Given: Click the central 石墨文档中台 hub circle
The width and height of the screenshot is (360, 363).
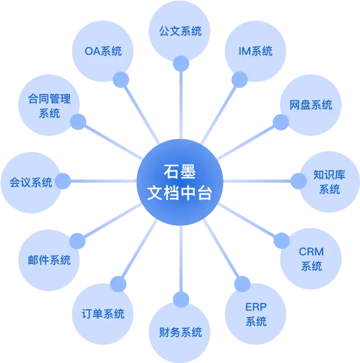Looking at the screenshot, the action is [180, 183].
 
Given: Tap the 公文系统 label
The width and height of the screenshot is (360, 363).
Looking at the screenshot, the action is [180, 31].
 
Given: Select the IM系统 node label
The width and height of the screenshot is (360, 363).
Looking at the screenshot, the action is [255, 51].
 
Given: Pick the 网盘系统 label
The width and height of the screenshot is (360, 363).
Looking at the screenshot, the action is [311, 105].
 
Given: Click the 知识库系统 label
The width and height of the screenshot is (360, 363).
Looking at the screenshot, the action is [329, 182].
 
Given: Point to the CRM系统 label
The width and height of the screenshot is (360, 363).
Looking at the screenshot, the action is [311, 259].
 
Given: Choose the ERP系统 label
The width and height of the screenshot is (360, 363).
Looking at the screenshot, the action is [256, 314].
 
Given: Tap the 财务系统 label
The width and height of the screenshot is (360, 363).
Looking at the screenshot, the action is [180, 332].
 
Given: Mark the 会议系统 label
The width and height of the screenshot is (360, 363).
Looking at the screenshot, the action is [31, 182].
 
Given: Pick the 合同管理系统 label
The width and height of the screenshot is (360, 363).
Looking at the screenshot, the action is [49, 106].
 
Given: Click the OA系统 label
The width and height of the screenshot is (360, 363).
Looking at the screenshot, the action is [103, 52].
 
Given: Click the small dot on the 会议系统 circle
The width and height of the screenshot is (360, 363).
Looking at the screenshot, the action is [63, 181].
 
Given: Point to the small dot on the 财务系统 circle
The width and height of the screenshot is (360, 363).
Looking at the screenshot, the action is [180, 299].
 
